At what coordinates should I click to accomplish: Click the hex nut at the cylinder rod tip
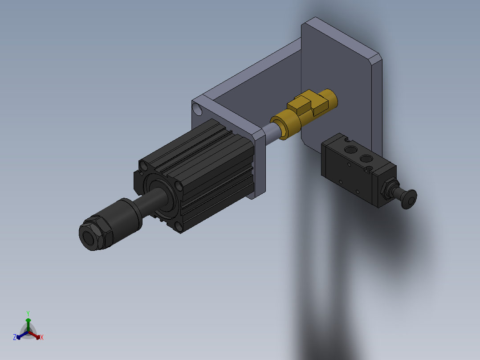point(96,233)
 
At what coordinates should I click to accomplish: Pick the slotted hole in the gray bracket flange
point(197,109)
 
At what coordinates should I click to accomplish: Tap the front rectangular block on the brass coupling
point(298,105)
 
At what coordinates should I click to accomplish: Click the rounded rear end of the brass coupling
point(330,98)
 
